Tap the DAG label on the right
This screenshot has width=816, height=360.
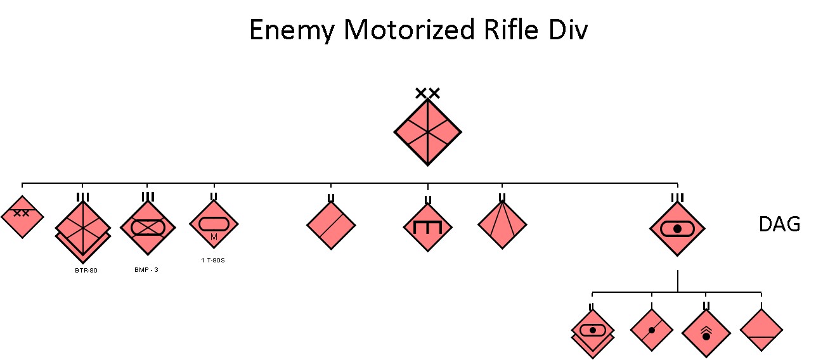pyautogui.click(x=779, y=224)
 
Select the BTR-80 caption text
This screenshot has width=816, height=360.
pyautogui.click(x=86, y=271)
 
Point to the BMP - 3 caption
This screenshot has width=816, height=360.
pyautogui.click(x=147, y=270)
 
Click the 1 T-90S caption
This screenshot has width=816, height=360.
pyautogui.click(x=213, y=260)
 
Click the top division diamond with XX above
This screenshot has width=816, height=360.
pyautogui.click(x=427, y=132)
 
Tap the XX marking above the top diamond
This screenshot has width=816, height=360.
pyautogui.click(x=427, y=94)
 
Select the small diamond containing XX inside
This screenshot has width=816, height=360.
pyautogui.click(x=22, y=217)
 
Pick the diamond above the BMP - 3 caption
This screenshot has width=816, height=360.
pyautogui.click(x=147, y=226)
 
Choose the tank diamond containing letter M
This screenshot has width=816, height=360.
pyautogui.click(x=214, y=225)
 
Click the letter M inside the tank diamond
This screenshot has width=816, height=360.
pyautogui.click(x=214, y=237)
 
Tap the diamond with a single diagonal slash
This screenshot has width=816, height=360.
pyautogui.click(x=331, y=226)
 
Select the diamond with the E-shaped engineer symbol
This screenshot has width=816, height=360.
pyautogui.click(x=427, y=226)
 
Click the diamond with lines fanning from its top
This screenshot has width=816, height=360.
pyautogui.click(x=502, y=224)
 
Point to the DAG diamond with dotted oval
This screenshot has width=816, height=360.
pyautogui.click(x=677, y=229)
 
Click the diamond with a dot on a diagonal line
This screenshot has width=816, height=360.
pyautogui.click(x=652, y=330)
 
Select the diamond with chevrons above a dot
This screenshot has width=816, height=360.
pyautogui.click(x=706, y=333)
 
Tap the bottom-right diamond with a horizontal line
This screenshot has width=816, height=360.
pyautogui.click(x=761, y=330)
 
